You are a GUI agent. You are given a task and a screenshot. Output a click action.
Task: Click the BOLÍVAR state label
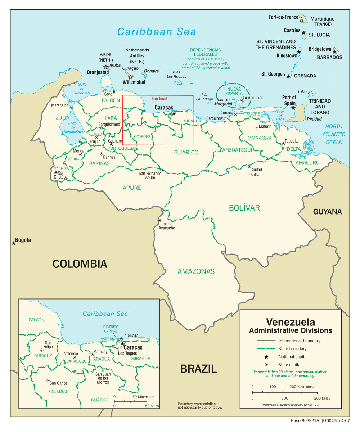click(x=244, y=208)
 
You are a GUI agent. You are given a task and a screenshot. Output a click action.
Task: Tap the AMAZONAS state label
click(x=196, y=271)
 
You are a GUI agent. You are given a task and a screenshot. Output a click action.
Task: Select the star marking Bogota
click(x=14, y=243)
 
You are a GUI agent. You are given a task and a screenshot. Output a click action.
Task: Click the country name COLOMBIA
click(x=80, y=264)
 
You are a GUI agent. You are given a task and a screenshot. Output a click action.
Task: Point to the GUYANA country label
click(x=327, y=212)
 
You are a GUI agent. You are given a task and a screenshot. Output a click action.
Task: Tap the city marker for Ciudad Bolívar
click(x=249, y=166)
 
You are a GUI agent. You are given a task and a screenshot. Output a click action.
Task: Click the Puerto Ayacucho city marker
click(x=160, y=221)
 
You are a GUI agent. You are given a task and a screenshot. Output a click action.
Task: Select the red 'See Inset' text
click(x=159, y=99)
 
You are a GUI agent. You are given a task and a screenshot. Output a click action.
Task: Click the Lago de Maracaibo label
click(x=73, y=127)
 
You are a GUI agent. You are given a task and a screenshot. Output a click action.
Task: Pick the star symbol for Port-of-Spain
click(x=293, y=108)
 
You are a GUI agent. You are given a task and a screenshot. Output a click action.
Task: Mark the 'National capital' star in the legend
click(x=266, y=357)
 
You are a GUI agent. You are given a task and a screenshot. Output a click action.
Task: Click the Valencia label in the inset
click(x=71, y=354)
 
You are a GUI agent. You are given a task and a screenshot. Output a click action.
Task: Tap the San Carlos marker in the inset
click(x=48, y=381)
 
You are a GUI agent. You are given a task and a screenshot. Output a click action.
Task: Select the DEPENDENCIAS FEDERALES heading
click(x=205, y=52)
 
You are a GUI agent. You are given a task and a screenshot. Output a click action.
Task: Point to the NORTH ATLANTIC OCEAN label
click(x=334, y=134)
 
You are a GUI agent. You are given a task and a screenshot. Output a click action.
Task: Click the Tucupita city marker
click(x=283, y=144)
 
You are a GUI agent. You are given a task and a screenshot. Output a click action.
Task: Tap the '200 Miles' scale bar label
click(x=322, y=399)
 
